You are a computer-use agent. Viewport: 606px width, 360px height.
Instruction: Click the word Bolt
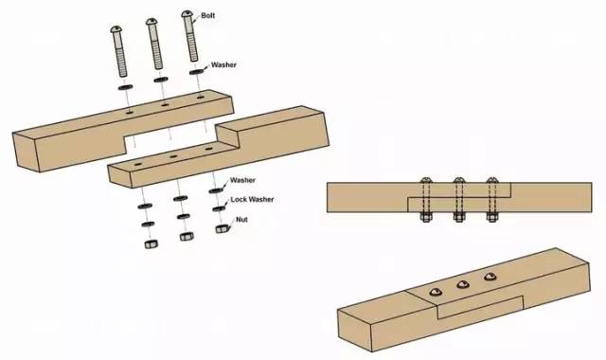[x=208, y=16]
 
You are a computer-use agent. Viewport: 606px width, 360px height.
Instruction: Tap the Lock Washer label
[x=252, y=200]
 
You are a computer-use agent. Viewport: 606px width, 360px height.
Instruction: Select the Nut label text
[x=242, y=220]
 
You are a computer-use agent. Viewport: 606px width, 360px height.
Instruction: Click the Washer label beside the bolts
[x=223, y=64]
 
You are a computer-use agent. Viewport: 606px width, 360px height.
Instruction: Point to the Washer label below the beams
[x=242, y=180]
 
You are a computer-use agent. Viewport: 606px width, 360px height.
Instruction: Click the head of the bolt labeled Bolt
[x=187, y=14]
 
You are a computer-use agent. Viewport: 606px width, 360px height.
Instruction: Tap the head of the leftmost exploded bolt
[x=116, y=29]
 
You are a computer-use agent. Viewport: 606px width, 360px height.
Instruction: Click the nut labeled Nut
[x=222, y=229]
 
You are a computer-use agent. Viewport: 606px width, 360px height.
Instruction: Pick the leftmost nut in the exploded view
[x=151, y=244]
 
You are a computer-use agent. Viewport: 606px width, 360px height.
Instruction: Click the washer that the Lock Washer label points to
[x=219, y=208]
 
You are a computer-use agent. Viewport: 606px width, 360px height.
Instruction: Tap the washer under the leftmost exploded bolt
[x=125, y=87]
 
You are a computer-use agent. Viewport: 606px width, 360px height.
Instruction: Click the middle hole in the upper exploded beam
[x=165, y=104]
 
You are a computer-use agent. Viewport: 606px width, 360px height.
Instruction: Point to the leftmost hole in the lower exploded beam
[x=138, y=165]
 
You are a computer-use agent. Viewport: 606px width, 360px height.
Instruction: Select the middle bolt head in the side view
[x=458, y=180]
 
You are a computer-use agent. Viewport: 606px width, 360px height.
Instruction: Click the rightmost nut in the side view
[x=492, y=217]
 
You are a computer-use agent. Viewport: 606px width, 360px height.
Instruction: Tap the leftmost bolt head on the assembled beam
[x=436, y=292]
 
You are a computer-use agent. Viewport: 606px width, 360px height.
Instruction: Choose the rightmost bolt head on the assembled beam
[x=490, y=276]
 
